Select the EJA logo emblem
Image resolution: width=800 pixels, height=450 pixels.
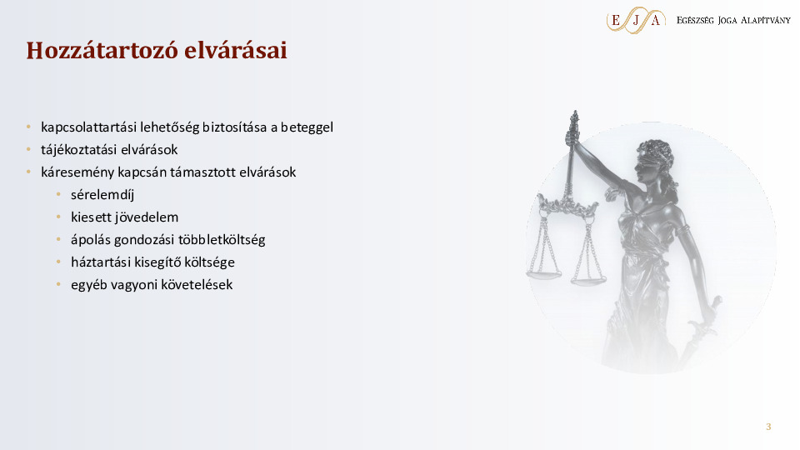click(636, 19)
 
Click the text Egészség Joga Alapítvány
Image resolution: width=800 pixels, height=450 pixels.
click(733, 20)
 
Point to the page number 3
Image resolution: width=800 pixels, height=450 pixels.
click(768, 427)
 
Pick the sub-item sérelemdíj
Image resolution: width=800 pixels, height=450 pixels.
click(102, 195)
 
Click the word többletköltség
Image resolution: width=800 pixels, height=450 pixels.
click(222, 240)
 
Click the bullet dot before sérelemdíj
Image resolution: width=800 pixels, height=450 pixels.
click(58, 195)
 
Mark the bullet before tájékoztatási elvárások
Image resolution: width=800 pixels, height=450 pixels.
click(28, 150)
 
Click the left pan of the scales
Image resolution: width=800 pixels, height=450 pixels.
click(542, 275)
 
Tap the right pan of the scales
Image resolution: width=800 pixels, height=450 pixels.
click(588, 281)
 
